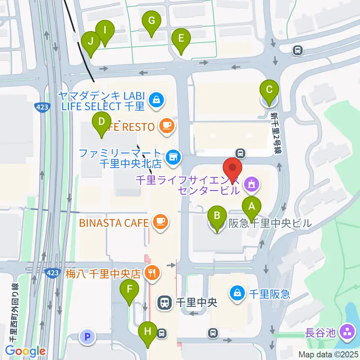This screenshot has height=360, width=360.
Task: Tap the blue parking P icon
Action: click(87, 337)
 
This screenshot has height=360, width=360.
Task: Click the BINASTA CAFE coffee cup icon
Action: click(161, 223)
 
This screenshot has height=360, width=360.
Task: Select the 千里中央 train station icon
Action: click(164, 302)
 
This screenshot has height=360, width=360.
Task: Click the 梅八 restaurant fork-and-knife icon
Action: click(152, 273)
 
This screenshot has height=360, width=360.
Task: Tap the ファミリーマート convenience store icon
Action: click(172, 157)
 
